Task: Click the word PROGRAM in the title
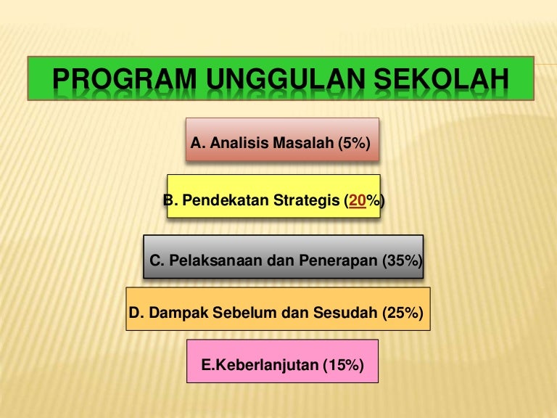click(x=124, y=78)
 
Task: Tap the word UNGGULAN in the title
click(x=286, y=78)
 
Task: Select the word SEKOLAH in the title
click(x=442, y=78)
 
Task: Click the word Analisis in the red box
click(x=239, y=143)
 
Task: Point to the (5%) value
click(x=354, y=143)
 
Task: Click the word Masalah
click(x=303, y=143)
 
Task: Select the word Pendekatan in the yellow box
click(x=226, y=200)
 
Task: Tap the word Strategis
click(x=307, y=201)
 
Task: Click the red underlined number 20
click(x=358, y=201)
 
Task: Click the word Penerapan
click(x=338, y=261)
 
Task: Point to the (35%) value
click(x=403, y=261)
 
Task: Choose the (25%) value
click(x=403, y=313)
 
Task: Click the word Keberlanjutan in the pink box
click(x=267, y=366)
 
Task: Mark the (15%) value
click(x=344, y=366)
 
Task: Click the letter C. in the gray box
click(x=157, y=261)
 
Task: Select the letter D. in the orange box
click(x=136, y=313)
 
